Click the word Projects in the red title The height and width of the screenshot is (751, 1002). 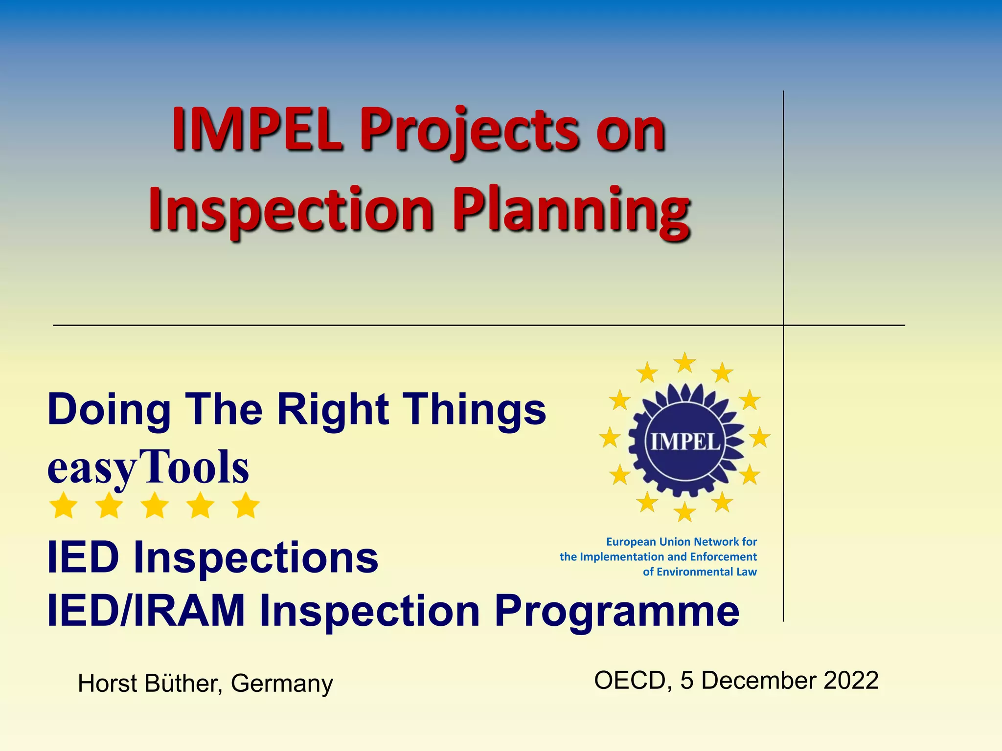tap(470, 131)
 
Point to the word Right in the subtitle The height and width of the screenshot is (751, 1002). tap(333, 410)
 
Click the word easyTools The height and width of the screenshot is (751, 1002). tap(148, 467)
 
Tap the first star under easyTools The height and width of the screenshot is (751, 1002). tap(64, 506)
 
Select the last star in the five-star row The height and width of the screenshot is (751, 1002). tap(246, 506)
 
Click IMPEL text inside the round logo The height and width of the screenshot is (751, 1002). tap(685, 442)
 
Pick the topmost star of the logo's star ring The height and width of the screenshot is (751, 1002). tap(685, 363)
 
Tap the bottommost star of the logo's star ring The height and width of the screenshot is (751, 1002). tap(685, 512)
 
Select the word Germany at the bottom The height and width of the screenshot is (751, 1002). tap(282, 684)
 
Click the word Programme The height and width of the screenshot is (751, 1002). tap(616, 611)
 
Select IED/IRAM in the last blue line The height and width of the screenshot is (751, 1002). tap(146, 611)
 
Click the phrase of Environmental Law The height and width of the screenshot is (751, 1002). tap(700, 572)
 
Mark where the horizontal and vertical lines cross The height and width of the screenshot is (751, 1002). tap(783, 325)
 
